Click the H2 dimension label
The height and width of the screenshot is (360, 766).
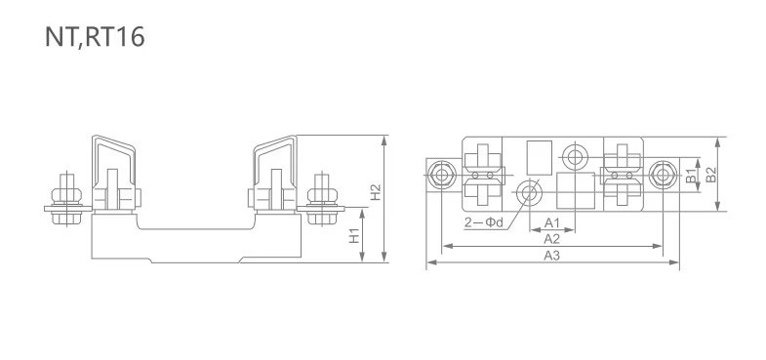pyautogui.click(x=375, y=193)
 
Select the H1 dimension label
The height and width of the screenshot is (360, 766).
pyautogui.click(x=355, y=236)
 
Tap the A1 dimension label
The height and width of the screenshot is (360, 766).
pyautogui.click(x=551, y=222)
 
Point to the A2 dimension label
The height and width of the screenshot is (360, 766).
pyautogui.click(x=551, y=238)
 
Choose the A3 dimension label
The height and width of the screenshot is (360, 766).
pyautogui.click(x=551, y=256)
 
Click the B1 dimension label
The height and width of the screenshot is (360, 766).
pyautogui.click(x=690, y=176)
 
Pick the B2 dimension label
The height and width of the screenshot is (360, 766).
pyautogui.click(x=711, y=176)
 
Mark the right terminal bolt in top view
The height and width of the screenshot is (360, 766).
pyautogui.click(x=664, y=175)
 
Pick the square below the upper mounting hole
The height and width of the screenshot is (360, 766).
pyautogui.click(x=574, y=190)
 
